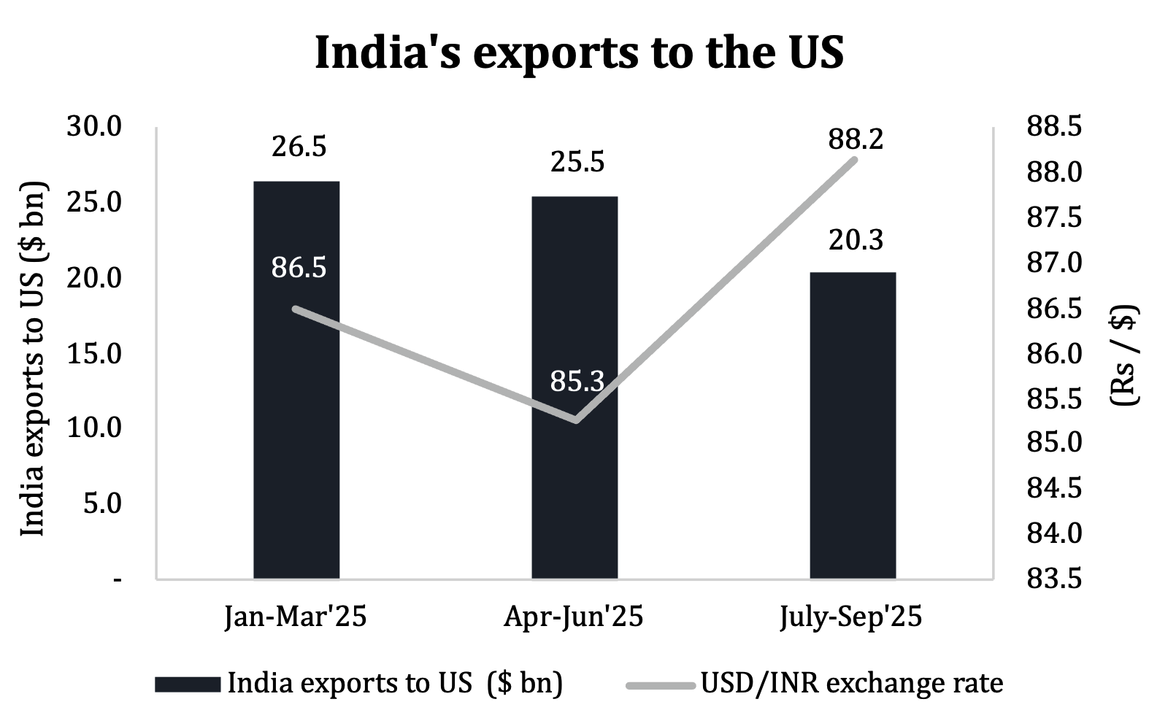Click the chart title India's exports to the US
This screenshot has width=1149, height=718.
[x=579, y=53]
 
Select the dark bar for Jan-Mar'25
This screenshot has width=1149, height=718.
[x=296, y=438]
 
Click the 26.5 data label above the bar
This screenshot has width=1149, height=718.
[x=299, y=147]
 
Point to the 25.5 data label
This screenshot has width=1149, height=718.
[x=577, y=162]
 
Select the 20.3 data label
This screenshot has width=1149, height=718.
[x=856, y=239]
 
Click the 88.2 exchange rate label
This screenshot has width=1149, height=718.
[x=856, y=139]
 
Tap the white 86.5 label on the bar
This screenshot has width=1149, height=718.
[x=299, y=268]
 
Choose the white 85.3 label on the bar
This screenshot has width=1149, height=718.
[x=577, y=381]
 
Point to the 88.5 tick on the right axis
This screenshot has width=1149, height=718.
[x=1054, y=127]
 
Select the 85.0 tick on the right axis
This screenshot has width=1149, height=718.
[x=1054, y=443]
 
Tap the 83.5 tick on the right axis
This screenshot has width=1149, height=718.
[x=1054, y=579]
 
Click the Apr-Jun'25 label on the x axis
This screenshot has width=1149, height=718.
[x=574, y=617]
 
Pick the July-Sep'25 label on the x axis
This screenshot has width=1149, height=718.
[x=851, y=617]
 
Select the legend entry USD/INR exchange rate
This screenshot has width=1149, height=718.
[x=851, y=684]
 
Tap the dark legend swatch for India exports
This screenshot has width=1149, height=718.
[x=188, y=684]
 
